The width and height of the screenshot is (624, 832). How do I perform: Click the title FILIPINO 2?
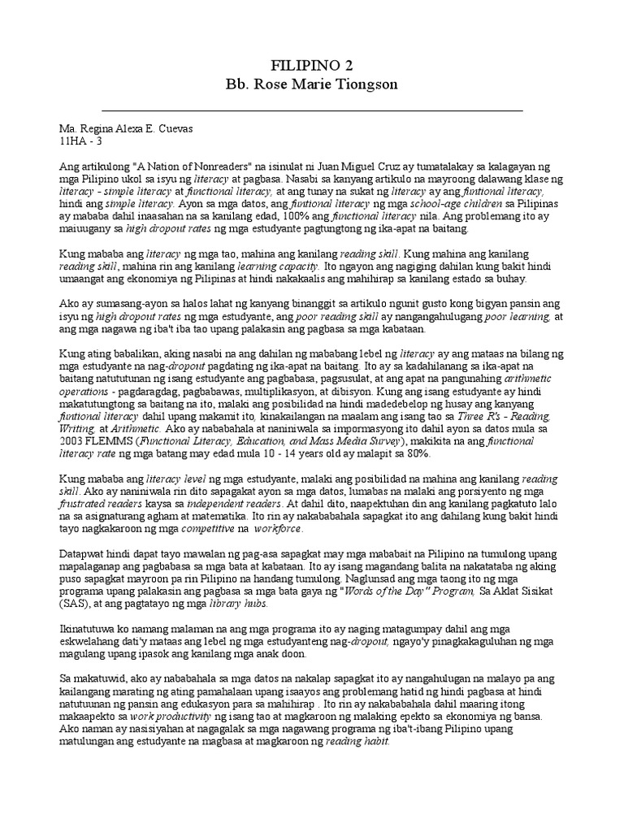coord(311,65)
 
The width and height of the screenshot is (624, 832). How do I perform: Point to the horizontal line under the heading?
coord(311,108)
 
